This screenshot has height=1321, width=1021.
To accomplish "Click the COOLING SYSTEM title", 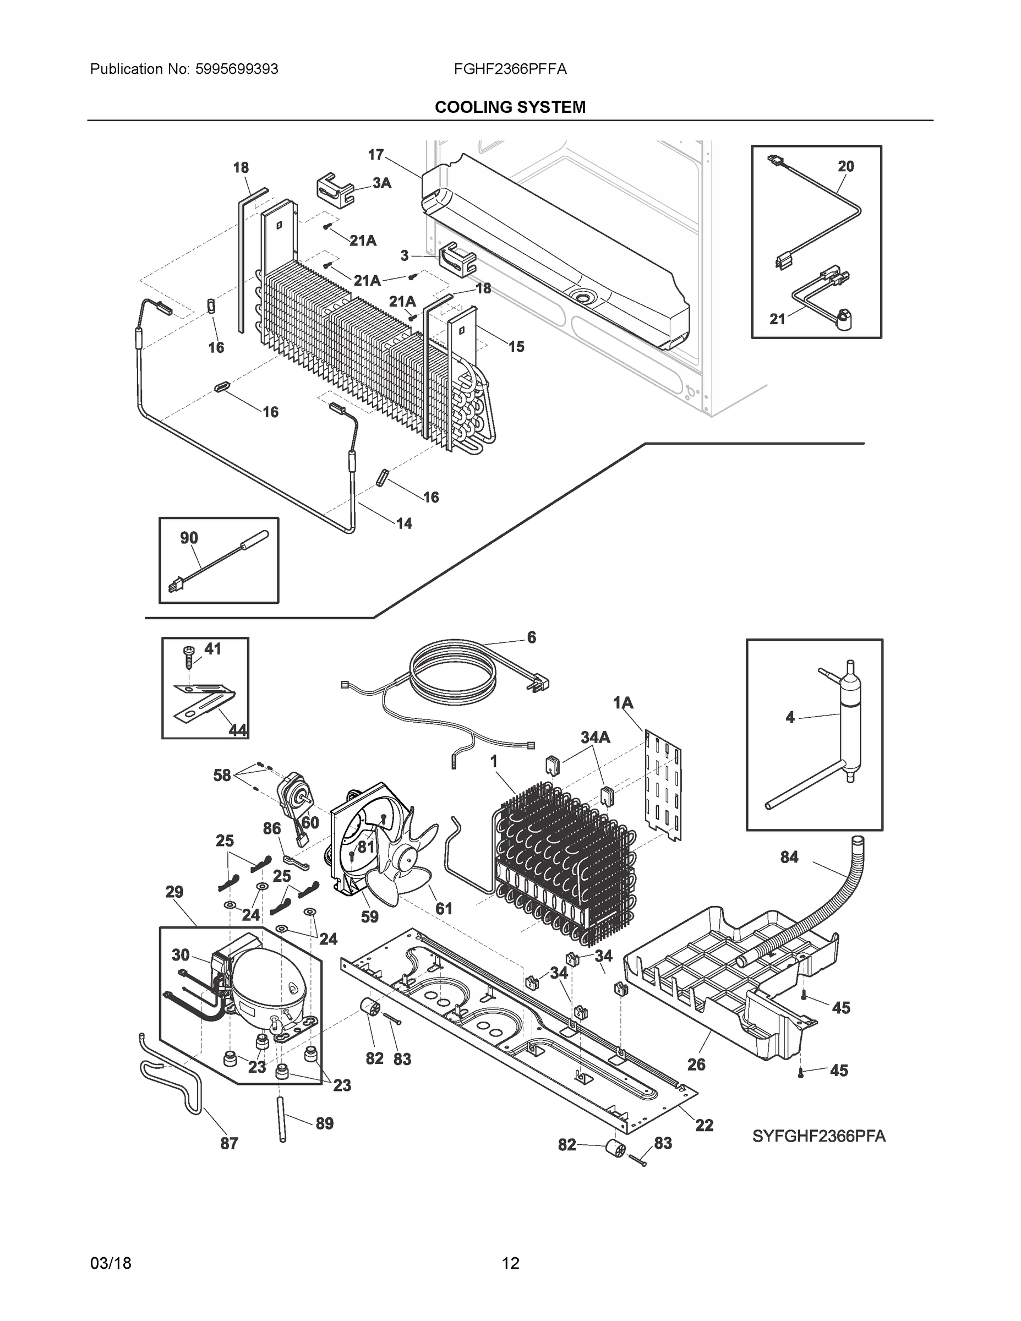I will pyautogui.click(x=510, y=107).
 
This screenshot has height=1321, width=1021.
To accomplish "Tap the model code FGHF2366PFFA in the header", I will pyautogui.click(x=510, y=69).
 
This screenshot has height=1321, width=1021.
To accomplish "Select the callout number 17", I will pyautogui.click(x=375, y=155).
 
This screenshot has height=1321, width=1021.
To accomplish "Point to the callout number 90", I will pyautogui.click(x=189, y=538).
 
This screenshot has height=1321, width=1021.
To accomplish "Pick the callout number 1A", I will pyautogui.click(x=623, y=703).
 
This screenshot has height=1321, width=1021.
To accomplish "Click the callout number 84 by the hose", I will pyautogui.click(x=789, y=857).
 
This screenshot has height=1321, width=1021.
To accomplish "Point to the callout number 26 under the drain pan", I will pyautogui.click(x=696, y=1065).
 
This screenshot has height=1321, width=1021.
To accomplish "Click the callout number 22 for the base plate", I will pyautogui.click(x=704, y=1125).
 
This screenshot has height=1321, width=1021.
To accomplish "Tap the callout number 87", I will pyautogui.click(x=228, y=1143).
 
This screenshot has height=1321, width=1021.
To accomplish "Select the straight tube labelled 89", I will pyautogui.click(x=282, y=1118).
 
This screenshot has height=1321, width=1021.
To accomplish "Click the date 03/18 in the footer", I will pyautogui.click(x=111, y=1264).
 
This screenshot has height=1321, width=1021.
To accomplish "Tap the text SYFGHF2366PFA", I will pyautogui.click(x=818, y=1137).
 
